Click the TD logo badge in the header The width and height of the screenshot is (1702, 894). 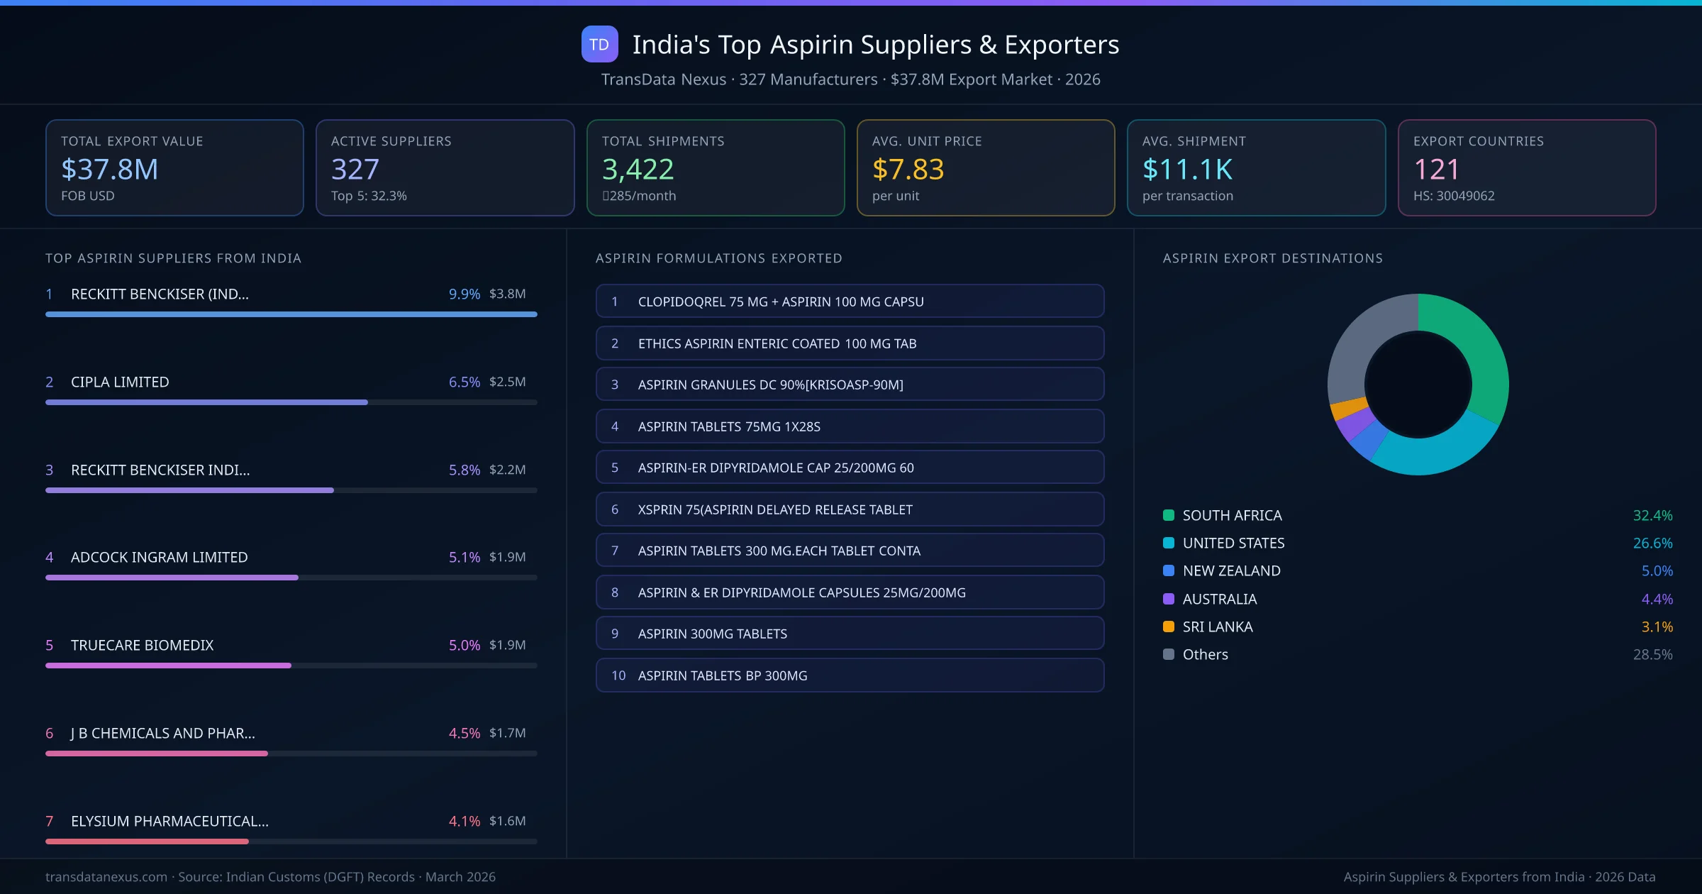coord(599,44)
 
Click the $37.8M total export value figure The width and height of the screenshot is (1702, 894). coord(109,170)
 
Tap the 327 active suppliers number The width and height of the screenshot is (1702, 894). coord(355,170)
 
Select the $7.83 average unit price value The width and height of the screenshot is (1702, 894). coord(908,170)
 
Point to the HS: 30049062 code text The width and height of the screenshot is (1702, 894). coord(1454,196)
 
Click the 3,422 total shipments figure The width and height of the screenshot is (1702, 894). coord(638,170)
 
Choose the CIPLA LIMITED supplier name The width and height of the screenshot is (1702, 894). coord(120,382)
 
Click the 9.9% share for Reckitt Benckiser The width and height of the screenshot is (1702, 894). coord(464,294)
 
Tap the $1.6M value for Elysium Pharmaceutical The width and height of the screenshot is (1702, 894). coord(507,821)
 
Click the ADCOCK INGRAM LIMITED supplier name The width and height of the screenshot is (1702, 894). coord(159,557)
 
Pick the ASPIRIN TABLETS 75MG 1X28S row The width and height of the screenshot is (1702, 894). coord(850,426)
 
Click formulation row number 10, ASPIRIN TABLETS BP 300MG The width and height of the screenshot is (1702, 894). coord(850,675)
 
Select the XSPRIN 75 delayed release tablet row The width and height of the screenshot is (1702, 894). coord(850,509)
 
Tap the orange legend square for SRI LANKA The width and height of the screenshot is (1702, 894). coord(1169,627)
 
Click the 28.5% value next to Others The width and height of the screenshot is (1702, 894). coord(1652,654)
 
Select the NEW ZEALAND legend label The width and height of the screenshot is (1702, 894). coord(1231,570)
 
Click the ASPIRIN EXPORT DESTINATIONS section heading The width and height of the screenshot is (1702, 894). coord(1272,258)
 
